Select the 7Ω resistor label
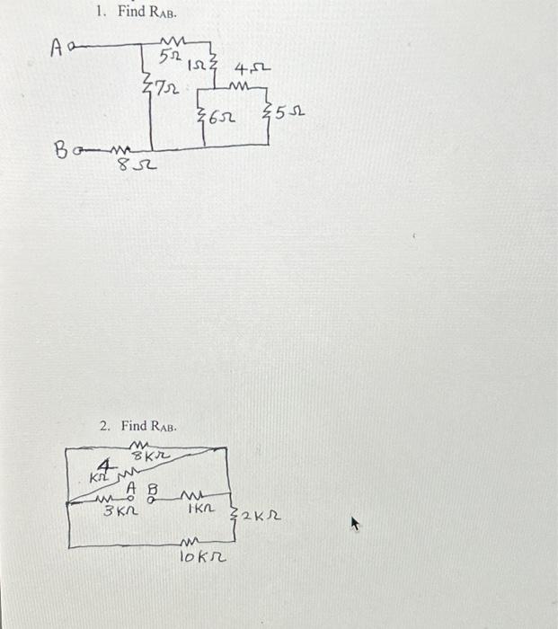tap(166, 89)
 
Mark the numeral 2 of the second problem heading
tap(103, 425)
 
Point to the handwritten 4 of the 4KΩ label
tap(105, 466)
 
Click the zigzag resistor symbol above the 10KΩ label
tap(190, 542)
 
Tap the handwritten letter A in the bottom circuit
tap(130, 487)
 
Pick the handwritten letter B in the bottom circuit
tap(151, 490)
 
